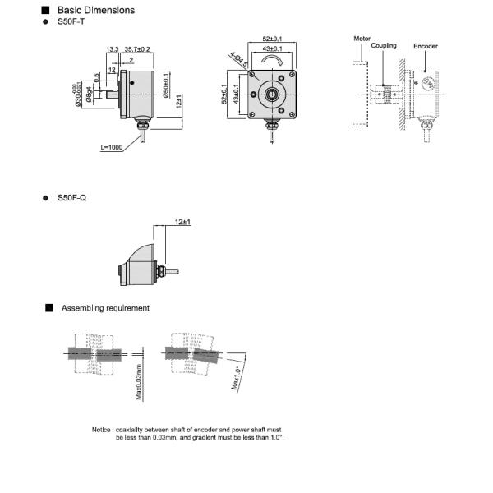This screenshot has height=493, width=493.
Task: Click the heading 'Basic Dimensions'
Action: tap(96, 11)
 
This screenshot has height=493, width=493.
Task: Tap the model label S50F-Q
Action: tap(71, 199)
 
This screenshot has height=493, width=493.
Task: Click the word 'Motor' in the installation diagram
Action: tap(362, 39)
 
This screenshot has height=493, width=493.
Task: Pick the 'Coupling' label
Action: tap(384, 45)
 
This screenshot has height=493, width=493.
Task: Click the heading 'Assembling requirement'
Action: tap(105, 308)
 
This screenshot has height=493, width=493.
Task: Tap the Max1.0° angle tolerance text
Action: tap(236, 380)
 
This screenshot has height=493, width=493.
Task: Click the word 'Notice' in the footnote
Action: tap(102, 430)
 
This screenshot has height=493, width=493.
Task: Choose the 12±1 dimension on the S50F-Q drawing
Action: tap(182, 223)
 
